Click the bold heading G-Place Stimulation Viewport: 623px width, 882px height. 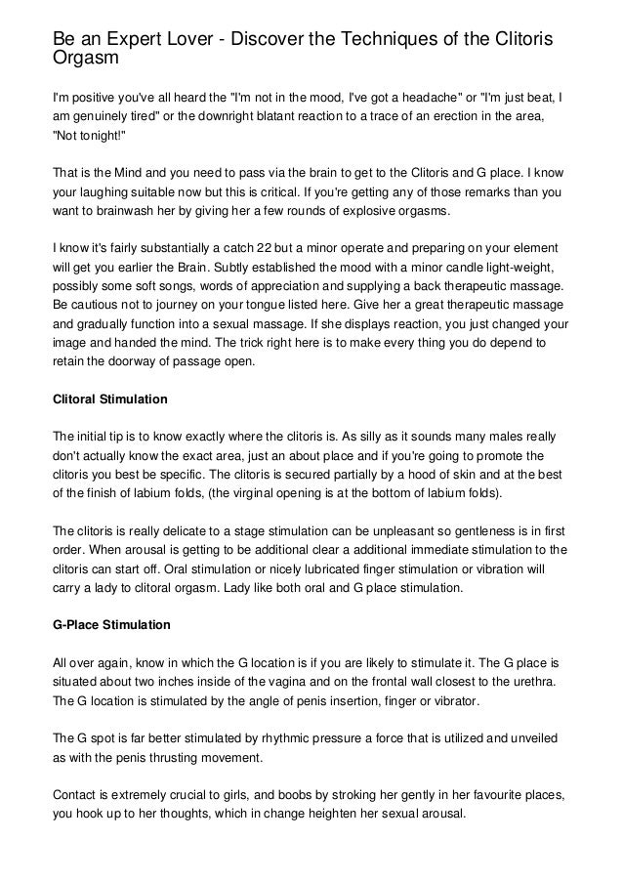coord(110,624)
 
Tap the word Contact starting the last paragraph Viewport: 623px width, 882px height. coord(75,796)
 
